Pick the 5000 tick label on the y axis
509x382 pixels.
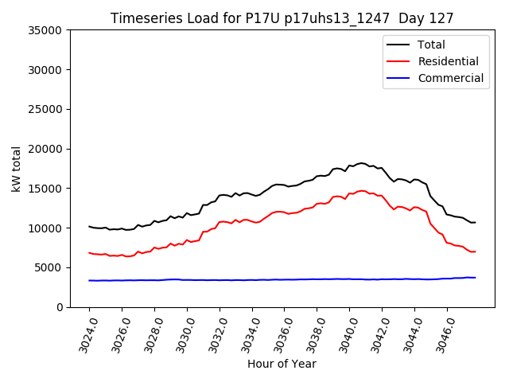[50, 267]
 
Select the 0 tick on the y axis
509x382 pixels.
[59, 307]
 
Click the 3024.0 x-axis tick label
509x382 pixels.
[85, 333]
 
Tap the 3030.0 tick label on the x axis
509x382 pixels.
[183, 333]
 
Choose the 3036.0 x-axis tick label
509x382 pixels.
[280, 333]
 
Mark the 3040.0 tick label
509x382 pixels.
[345, 333]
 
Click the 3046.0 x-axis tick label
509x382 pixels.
[443, 333]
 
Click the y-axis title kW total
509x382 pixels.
[17, 169]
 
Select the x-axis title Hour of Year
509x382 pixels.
[282, 364]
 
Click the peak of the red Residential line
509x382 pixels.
[361, 191]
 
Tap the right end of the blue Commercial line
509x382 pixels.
[476, 278]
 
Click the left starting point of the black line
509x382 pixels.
[89, 226]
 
